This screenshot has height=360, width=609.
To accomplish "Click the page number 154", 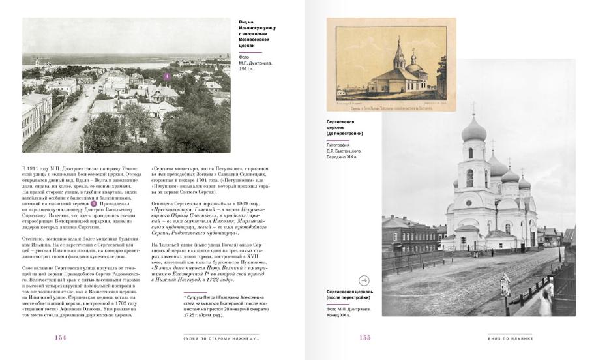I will pos(60,337).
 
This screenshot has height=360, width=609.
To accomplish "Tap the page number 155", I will pos(364,337).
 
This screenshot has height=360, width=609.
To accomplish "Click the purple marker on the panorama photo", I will pos(166,76).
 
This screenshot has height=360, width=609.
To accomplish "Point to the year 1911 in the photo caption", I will pos(245,68).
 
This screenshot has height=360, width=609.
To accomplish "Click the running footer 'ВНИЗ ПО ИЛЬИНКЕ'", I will pos(511,338).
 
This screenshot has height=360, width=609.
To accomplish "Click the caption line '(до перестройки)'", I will pos(344,133).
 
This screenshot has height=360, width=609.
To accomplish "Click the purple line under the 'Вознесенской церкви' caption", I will pos(250,52).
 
